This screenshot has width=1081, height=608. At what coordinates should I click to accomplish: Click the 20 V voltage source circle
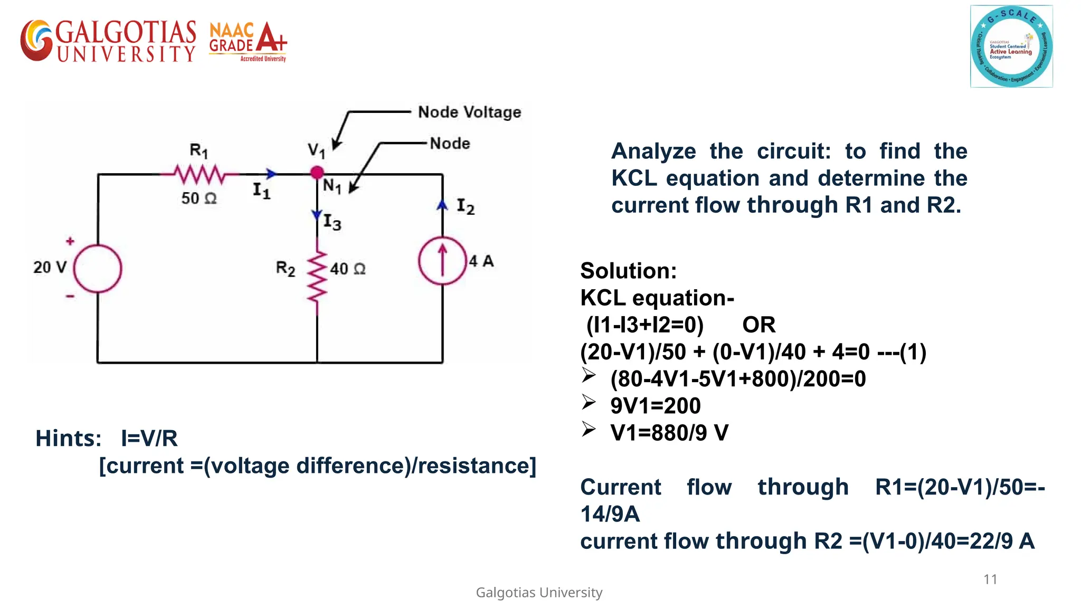pyautogui.click(x=98, y=268)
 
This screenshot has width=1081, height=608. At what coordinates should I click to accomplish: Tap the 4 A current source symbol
pyautogui.click(x=442, y=261)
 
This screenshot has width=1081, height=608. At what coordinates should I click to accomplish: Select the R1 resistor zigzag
pyautogui.click(x=200, y=174)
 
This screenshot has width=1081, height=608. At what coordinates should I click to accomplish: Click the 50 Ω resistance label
pyautogui.click(x=199, y=198)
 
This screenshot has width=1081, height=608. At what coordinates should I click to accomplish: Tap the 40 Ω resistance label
pyautogui.click(x=348, y=269)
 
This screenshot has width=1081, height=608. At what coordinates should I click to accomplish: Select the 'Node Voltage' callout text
pyautogui.click(x=469, y=112)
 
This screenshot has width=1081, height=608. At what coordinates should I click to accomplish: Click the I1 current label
pyautogui.click(x=261, y=191)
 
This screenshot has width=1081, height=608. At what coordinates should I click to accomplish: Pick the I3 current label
pyautogui.click(x=332, y=222)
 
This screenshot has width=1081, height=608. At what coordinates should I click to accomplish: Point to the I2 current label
pyautogui.click(x=466, y=206)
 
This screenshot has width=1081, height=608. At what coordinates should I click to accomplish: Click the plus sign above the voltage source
pyautogui.click(x=70, y=241)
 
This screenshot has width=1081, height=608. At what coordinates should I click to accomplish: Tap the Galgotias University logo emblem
pyautogui.click(x=37, y=41)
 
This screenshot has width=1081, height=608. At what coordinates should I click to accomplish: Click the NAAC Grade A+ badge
pyautogui.click(x=248, y=41)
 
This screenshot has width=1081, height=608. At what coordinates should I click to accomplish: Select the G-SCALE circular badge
pyautogui.click(x=1011, y=46)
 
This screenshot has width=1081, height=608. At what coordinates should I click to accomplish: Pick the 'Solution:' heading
pyautogui.click(x=628, y=271)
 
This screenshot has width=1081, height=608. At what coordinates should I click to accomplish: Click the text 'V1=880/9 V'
pyautogui.click(x=669, y=433)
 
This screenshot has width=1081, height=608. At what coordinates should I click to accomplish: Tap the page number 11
pyautogui.click(x=990, y=579)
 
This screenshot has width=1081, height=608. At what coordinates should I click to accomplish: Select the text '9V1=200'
pyautogui.click(x=656, y=406)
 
